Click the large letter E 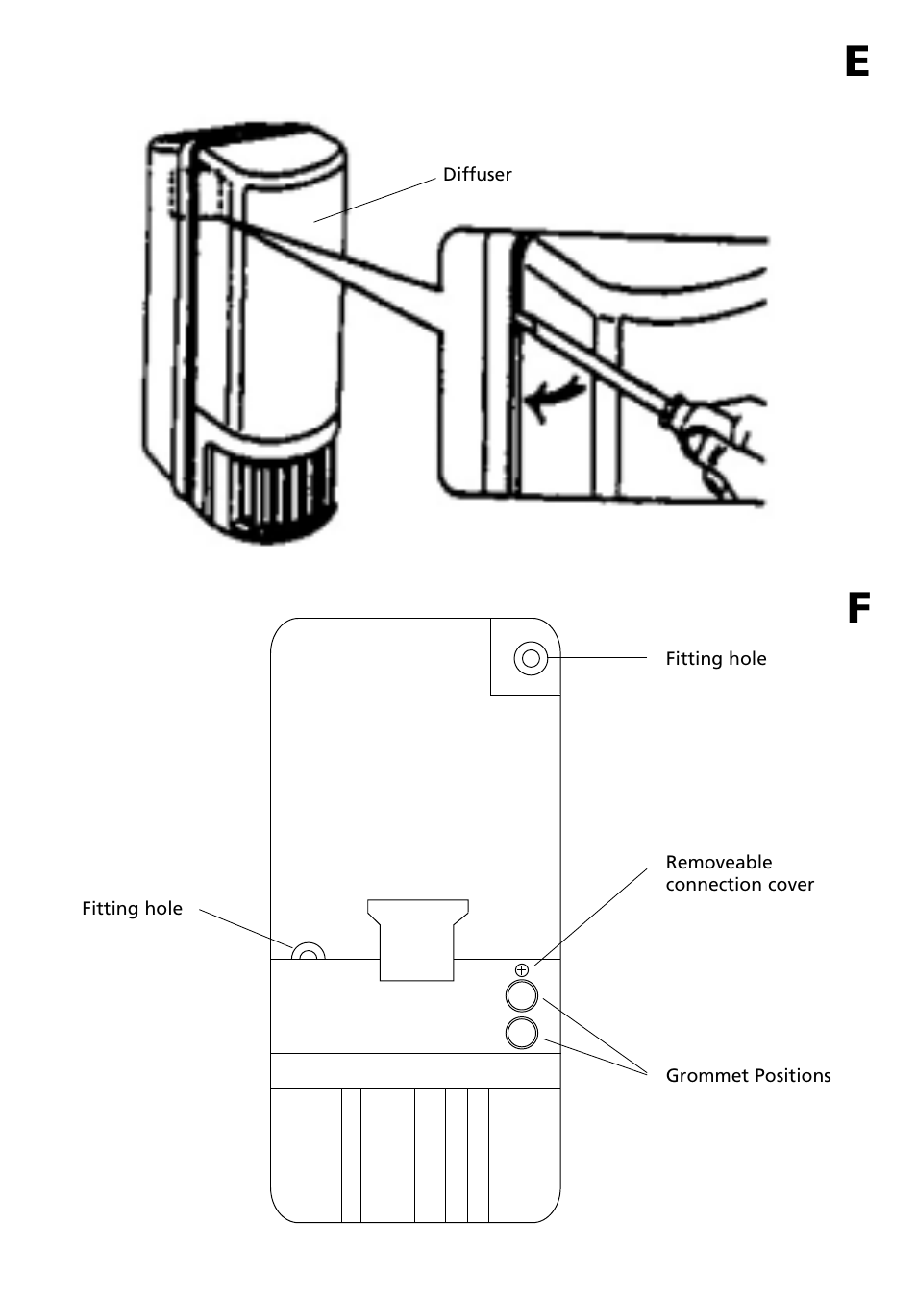tap(856, 61)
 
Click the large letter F tap(858, 608)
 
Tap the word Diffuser tap(477, 175)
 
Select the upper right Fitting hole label tap(715, 659)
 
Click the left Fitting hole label tap(132, 909)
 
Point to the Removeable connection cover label tap(739, 873)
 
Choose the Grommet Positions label tap(748, 1076)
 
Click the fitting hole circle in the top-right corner tap(531, 659)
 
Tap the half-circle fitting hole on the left tap(309, 952)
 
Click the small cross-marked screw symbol tap(522, 970)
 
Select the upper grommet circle tap(522, 995)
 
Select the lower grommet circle tap(522, 1033)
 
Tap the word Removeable tap(718, 863)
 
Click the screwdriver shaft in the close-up tap(596, 365)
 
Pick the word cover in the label tap(790, 885)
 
